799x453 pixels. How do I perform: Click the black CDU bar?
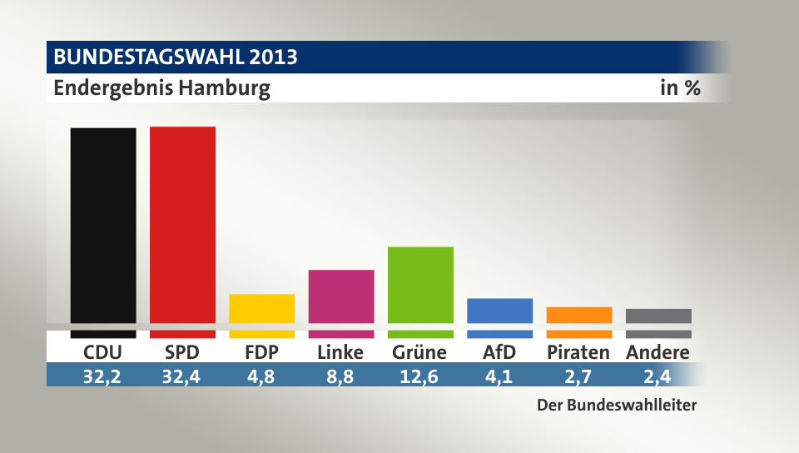[x=103, y=225]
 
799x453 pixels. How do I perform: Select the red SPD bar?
[x=182, y=225]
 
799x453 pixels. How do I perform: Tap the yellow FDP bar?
[x=261, y=308]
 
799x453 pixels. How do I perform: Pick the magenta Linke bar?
[x=341, y=296]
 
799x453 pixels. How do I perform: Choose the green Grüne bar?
[x=420, y=284]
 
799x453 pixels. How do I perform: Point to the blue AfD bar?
[x=500, y=311]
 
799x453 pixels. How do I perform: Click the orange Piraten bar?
[x=579, y=315]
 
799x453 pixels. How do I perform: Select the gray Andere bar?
[x=658, y=316]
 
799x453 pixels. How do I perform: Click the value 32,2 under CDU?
[x=103, y=376]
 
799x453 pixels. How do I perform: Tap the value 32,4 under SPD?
[x=182, y=376]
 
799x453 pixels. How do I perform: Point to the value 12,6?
[x=420, y=376]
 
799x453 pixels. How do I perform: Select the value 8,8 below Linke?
[x=341, y=376]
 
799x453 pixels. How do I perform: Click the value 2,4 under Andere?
[x=658, y=376]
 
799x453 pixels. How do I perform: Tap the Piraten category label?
[x=578, y=352]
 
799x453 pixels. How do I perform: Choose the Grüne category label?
[x=419, y=352]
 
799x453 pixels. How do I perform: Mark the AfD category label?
[x=499, y=352]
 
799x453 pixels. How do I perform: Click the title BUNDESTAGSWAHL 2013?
[x=176, y=57]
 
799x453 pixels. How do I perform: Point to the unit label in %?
[x=680, y=88]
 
